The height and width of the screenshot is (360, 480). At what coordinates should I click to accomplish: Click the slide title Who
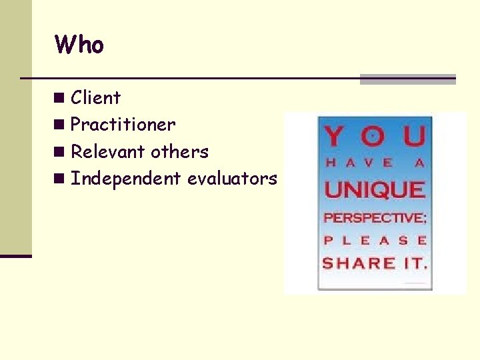(79, 45)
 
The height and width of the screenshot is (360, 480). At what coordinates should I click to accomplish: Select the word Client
(95, 98)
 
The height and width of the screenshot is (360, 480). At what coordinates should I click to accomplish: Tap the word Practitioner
(123, 125)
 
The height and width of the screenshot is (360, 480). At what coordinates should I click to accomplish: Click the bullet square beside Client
(61, 99)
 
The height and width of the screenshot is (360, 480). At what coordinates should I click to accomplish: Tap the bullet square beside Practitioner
(61, 125)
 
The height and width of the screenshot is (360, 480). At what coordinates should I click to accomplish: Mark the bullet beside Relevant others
(61, 153)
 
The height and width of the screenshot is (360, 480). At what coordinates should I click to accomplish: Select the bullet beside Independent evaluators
(61, 179)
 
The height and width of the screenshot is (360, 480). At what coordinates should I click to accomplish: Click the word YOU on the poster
(375, 137)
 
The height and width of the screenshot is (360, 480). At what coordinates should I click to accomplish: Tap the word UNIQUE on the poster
(375, 190)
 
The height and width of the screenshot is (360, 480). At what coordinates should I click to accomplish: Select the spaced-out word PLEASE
(375, 240)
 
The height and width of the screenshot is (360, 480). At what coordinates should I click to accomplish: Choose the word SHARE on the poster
(359, 263)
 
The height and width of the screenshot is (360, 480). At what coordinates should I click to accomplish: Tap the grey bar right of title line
(407, 79)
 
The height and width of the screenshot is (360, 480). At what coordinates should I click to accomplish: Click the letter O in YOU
(375, 137)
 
